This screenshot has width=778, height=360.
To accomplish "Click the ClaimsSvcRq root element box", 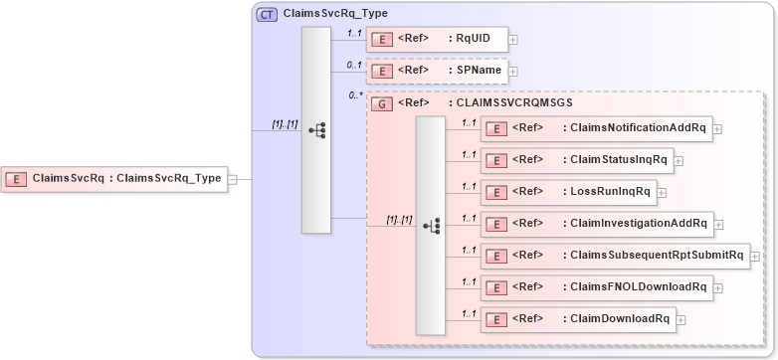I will (x=113, y=179).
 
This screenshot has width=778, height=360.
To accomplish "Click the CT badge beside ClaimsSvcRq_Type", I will (x=268, y=15).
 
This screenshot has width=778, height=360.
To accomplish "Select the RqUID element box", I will (x=438, y=40).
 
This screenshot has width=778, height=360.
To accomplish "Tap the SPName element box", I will (x=438, y=71).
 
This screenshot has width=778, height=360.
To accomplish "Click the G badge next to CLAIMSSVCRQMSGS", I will (x=379, y=102).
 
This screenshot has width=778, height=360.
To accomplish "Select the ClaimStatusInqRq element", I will (x=576, y=160).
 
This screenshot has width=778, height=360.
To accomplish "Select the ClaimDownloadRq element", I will (x=576, y=318).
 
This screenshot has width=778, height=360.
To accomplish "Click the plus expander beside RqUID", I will (x=513, y=41).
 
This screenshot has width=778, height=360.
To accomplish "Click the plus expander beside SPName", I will (x=513, y=72).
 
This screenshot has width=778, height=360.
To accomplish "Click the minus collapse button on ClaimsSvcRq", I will (x=232, y=180).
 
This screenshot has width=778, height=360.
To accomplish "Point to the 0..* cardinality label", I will (x=355, y=95).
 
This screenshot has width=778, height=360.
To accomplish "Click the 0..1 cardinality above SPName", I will (x=354, y=65).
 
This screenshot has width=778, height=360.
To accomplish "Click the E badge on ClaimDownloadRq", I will (x=493, y=318).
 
